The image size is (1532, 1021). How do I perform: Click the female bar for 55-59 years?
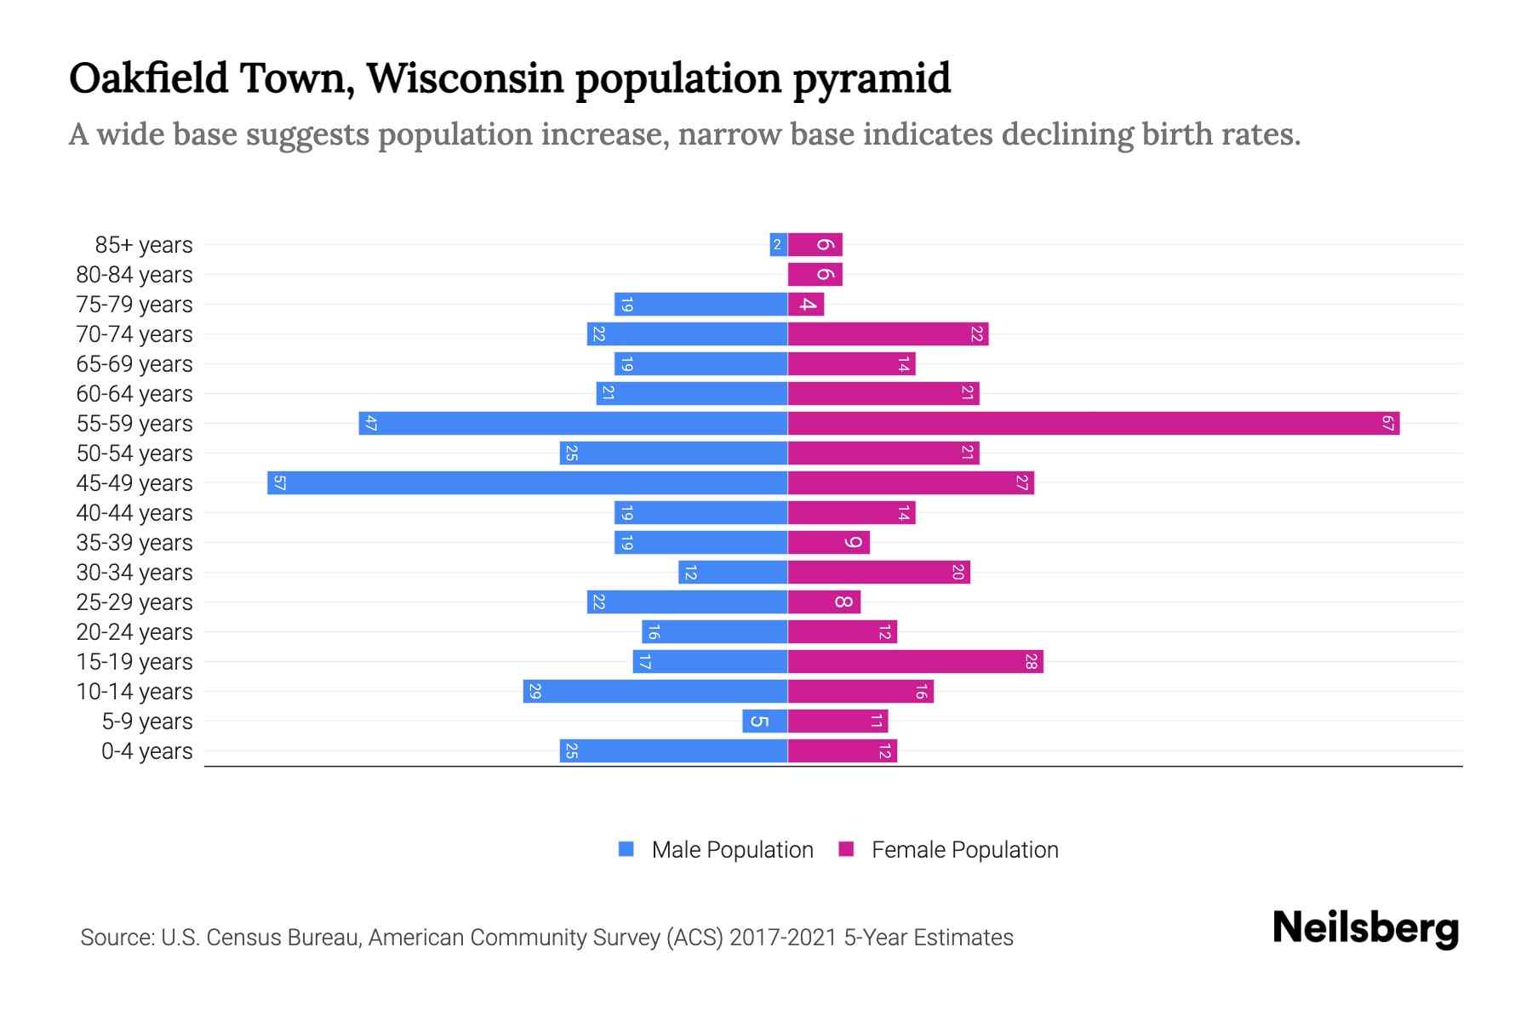click(1094, 423)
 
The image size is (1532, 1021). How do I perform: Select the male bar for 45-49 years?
click(528, 482)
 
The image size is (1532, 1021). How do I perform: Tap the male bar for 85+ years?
click(778, 245)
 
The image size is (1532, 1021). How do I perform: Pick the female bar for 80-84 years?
click(815, 274)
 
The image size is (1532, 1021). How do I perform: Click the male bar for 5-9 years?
click(764, 722)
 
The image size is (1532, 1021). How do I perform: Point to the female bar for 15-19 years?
click(915, 661)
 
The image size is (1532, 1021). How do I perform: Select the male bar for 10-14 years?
click(655, 691)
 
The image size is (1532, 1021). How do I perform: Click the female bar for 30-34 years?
click(878, 572)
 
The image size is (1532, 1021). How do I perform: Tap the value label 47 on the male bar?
click(370, 423)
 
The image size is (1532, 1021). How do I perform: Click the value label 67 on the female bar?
click(1388, 423)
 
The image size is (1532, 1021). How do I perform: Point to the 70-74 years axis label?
click(134, 334)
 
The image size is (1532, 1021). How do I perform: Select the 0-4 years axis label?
click(146, 751)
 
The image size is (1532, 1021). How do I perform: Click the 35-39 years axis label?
click(134, 543)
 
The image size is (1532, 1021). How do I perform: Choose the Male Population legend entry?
click(731, 850)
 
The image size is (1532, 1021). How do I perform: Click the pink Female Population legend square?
click(846, 849)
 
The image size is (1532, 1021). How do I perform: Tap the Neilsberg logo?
click(1365, 928)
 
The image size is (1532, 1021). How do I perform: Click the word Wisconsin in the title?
click(465, 79)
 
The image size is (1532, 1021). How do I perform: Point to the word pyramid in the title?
click(872, 79)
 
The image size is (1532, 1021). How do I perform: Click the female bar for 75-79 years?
click(805, 304)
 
